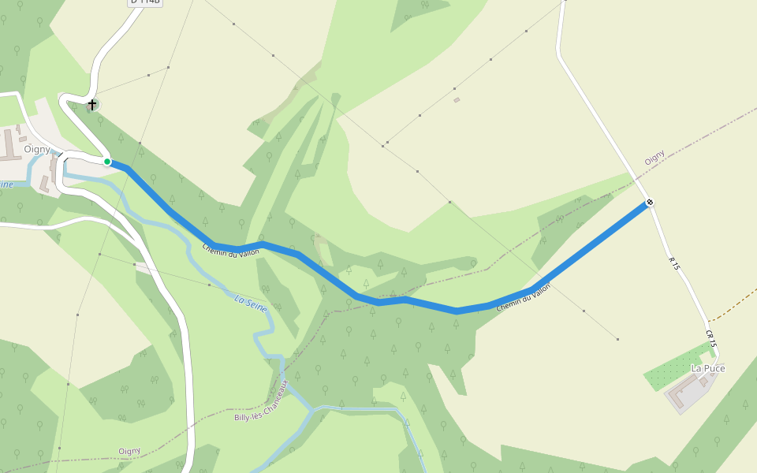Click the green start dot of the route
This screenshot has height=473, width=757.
click(107, 162)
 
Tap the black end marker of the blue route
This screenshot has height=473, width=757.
click(650, 203)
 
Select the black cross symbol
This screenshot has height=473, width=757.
click(92, 104)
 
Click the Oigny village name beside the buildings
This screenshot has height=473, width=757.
click(37, 149)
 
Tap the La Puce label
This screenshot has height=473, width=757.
click(708, 368)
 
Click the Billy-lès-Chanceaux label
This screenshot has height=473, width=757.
click(263, 401)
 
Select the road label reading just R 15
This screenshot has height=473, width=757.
click(673, 264)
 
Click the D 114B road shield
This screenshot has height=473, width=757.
click(145, 2)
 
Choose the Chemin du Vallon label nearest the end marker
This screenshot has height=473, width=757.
click(523, 297)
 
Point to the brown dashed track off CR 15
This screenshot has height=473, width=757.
click(733, 304)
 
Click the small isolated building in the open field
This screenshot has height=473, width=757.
click(457, 100)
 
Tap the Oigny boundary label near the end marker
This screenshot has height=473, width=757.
click(654, 157)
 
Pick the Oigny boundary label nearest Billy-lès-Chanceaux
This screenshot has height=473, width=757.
click(129, 451)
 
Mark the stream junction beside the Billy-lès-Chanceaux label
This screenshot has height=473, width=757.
click(312, 409)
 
